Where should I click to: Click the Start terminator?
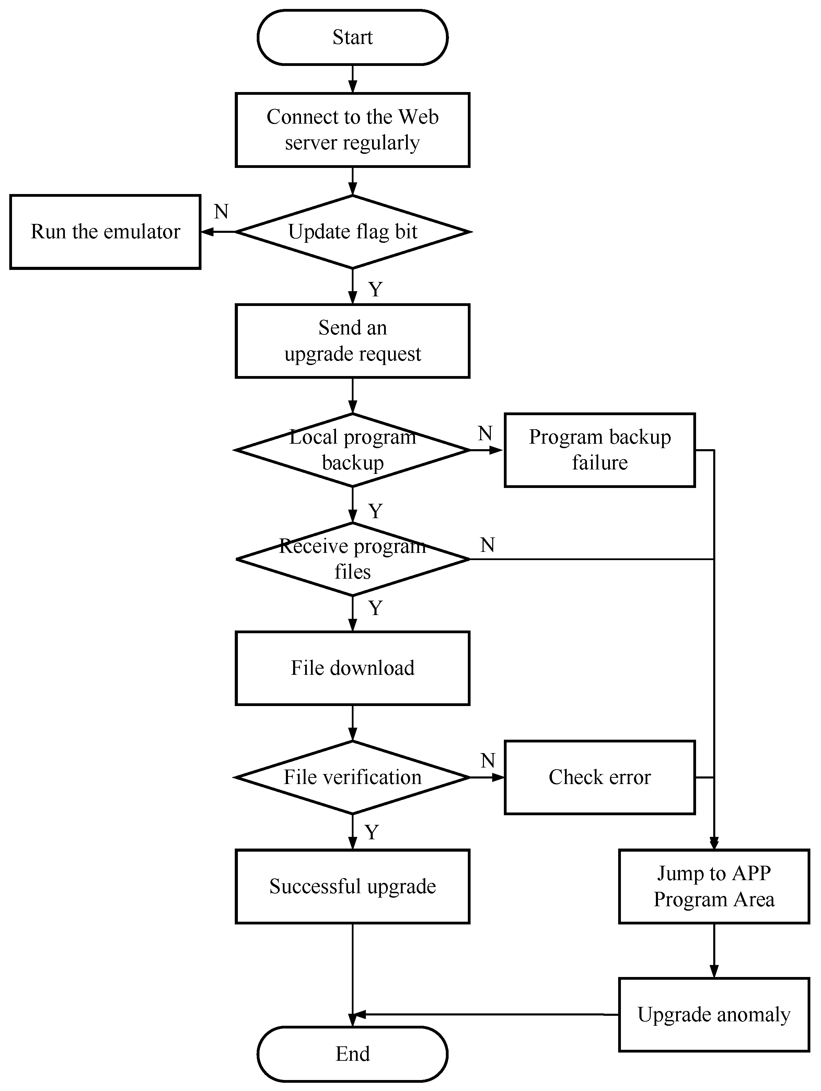(352, 37)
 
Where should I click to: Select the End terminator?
(352, 1054)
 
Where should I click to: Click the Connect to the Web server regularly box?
(352, 130)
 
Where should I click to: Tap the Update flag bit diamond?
(352, 232)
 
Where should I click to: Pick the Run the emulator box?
(105, 232)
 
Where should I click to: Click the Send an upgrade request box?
(352, 341)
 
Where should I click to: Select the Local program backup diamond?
(352, 450)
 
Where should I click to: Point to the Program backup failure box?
(600, 450)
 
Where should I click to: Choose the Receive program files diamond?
(352, 559)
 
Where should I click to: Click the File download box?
(352, 668)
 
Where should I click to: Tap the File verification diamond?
(352, 777)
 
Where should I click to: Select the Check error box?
(600, 777)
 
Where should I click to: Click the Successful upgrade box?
(352, 886)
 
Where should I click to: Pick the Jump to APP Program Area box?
(714, 886)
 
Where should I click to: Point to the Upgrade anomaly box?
(714, 1014)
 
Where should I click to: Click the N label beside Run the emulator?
(221, 212)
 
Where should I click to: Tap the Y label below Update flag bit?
(375, 289)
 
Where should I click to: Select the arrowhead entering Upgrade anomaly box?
(714, 971)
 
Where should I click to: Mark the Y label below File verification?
(372, 832)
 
